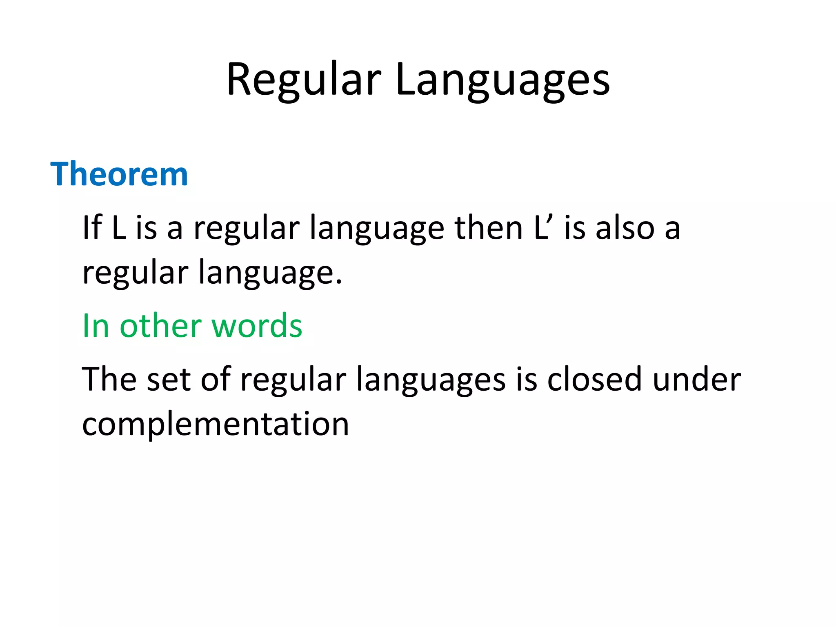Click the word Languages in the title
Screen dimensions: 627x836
pos(502,80)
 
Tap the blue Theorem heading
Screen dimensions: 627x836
pos(119,174)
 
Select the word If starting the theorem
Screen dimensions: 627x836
pos(92,227)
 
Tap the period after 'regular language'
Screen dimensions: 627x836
pos(339,282)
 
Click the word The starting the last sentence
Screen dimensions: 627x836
pos(109,379)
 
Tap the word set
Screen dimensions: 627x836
pos(168,379)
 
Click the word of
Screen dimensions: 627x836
pos(216,379)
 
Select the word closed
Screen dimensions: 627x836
pos(594,379)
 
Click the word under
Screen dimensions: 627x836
pos(696,379)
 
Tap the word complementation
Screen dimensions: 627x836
pos(216,425)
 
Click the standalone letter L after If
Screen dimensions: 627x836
pos(118,227)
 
